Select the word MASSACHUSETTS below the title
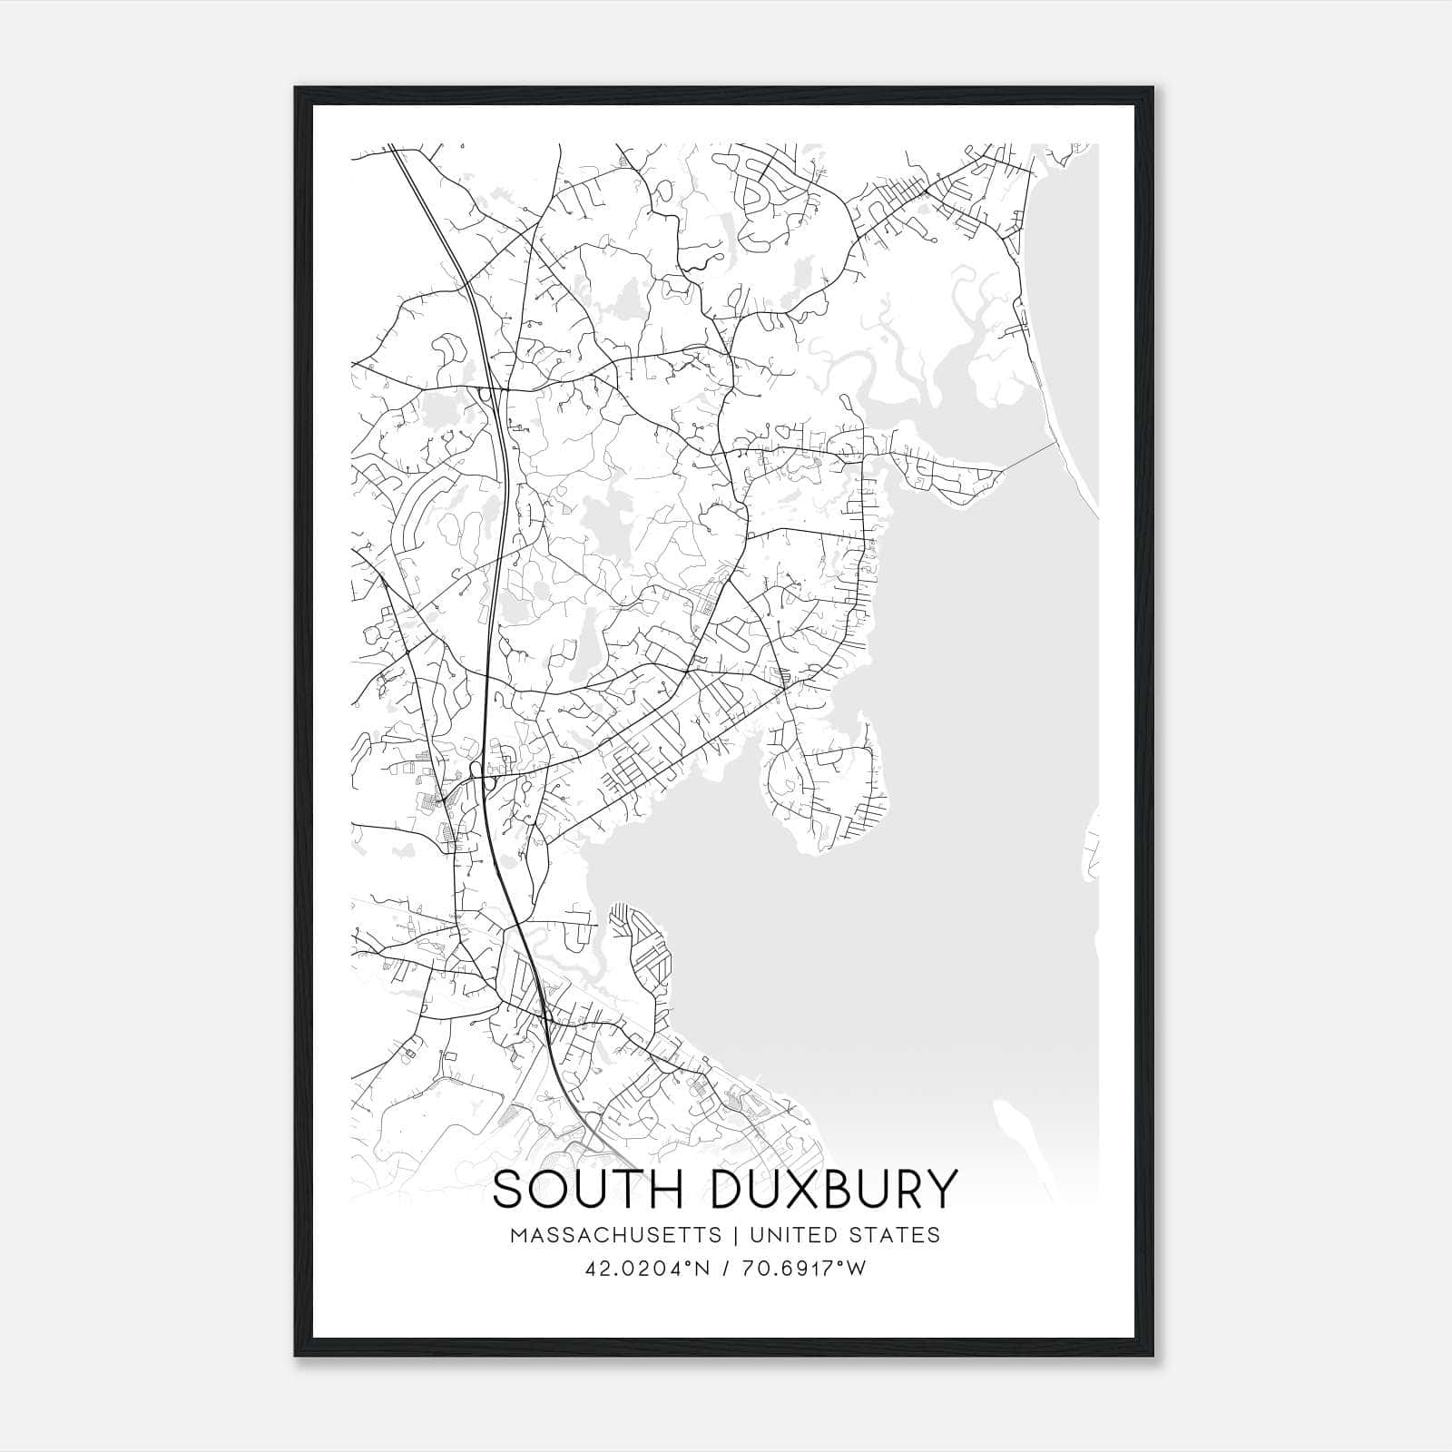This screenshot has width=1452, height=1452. (616, 1235)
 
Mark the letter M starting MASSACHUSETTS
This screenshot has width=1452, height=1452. (520, 1235)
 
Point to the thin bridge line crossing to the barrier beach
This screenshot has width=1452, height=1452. (1030, 457)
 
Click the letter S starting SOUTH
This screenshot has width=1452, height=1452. (507, 1190)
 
